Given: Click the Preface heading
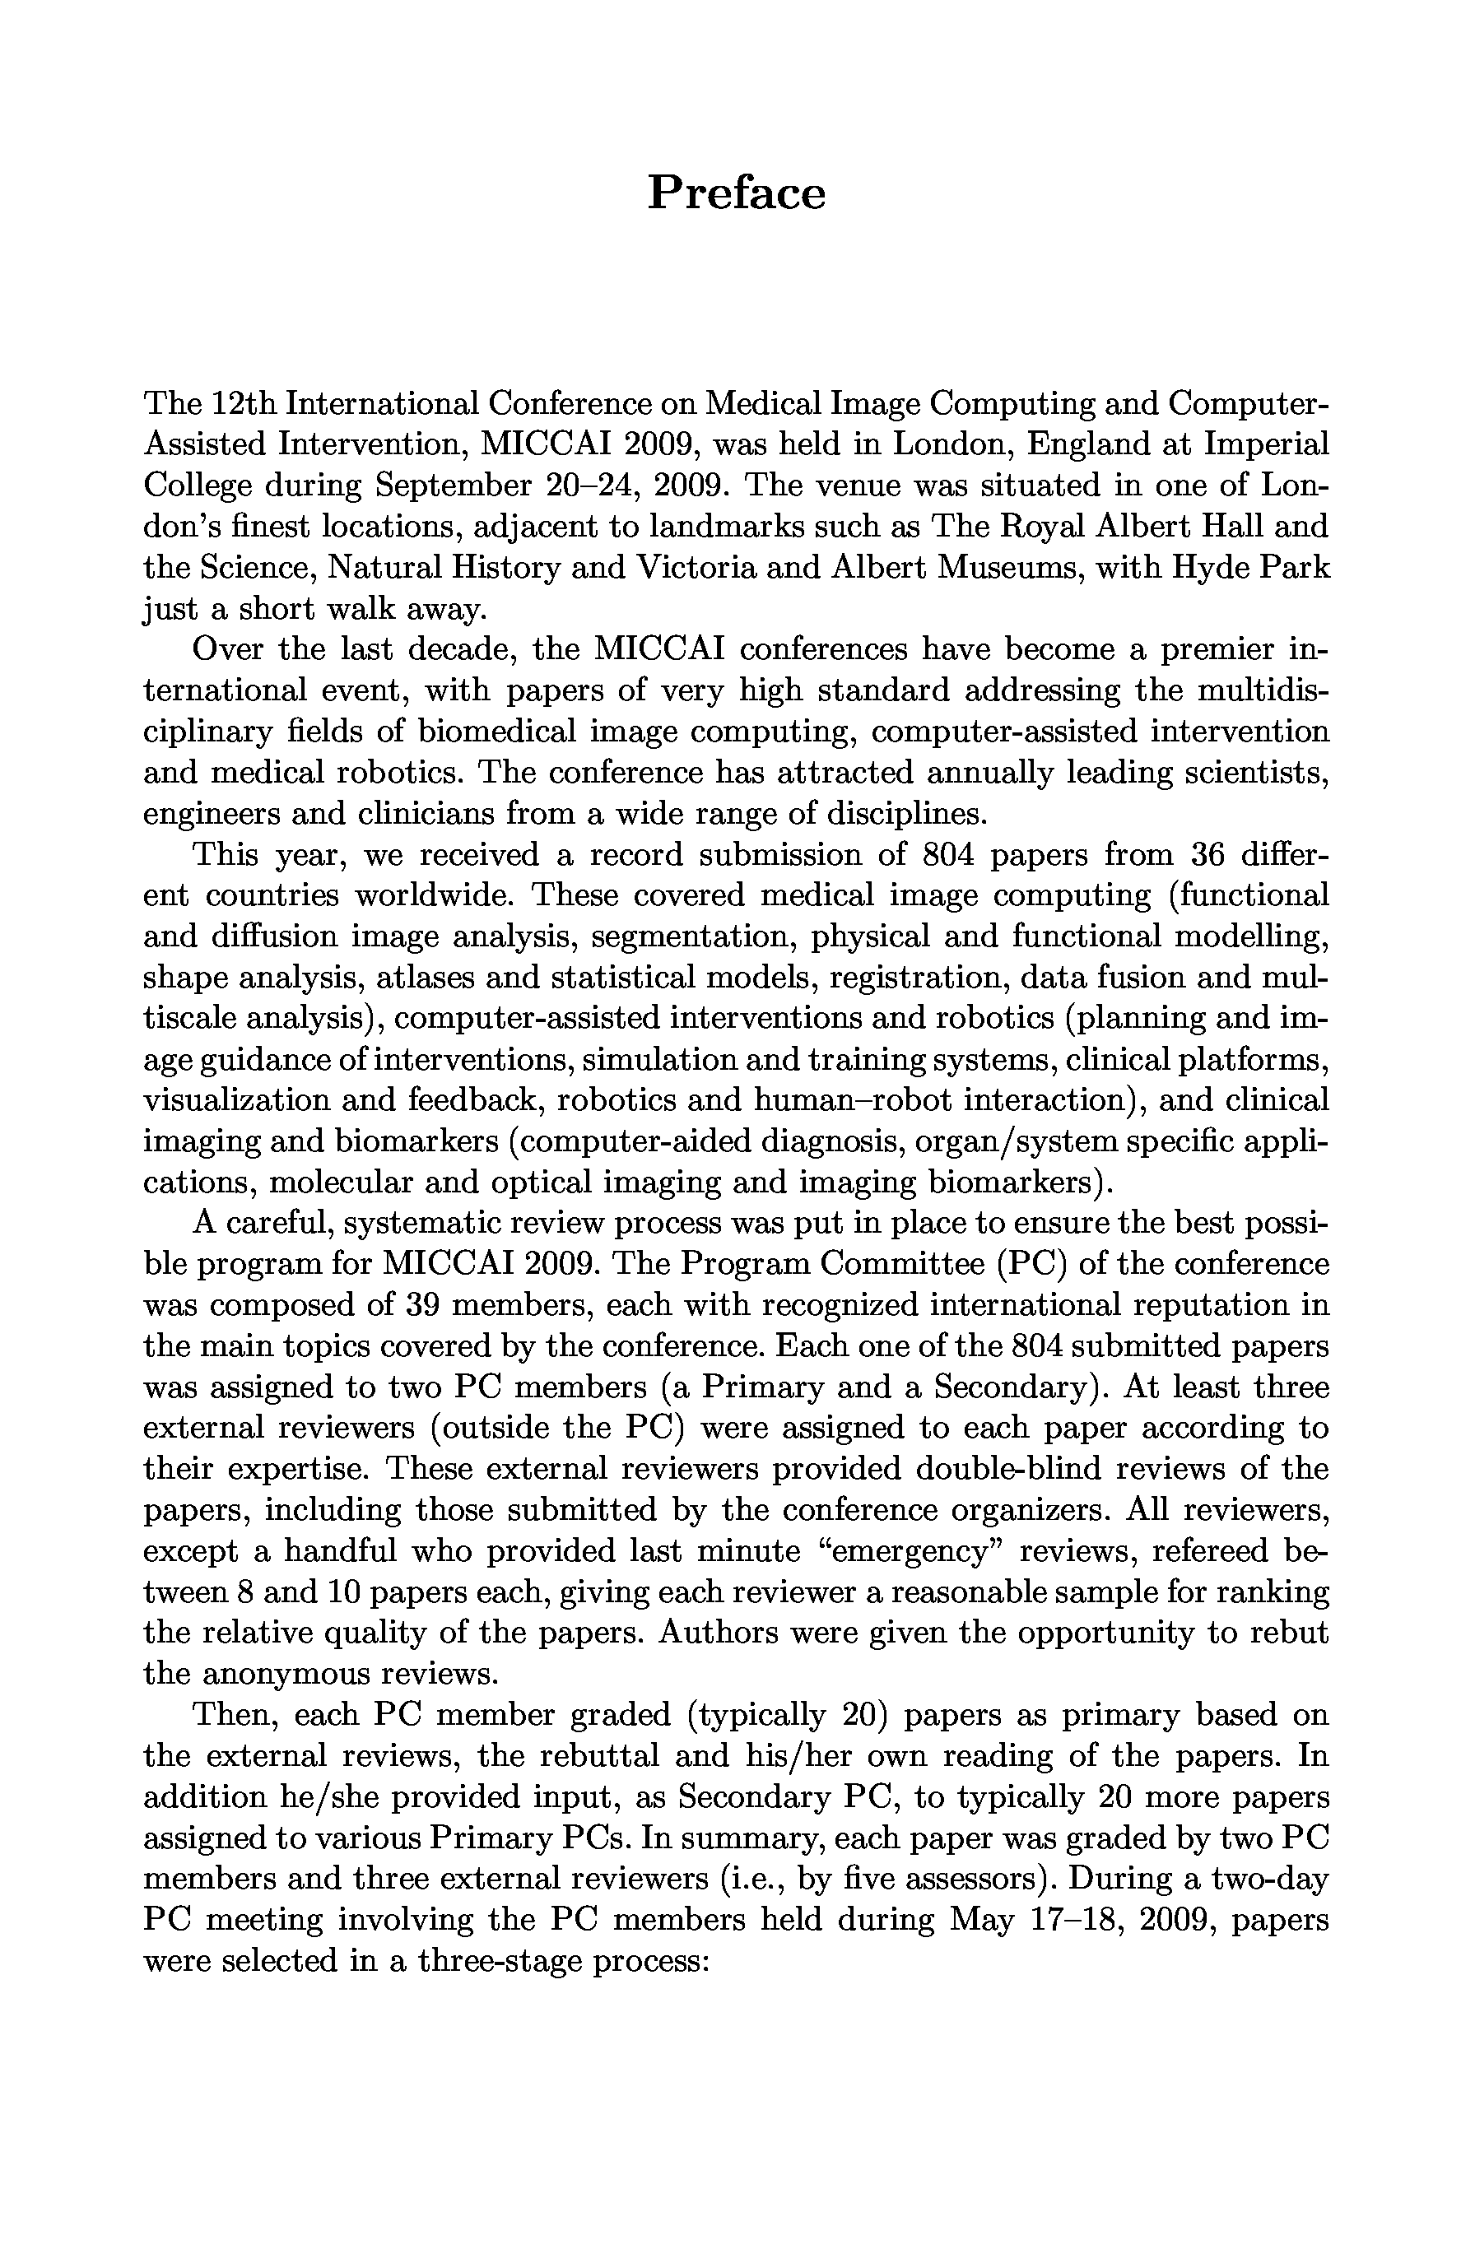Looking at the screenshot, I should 736,193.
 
